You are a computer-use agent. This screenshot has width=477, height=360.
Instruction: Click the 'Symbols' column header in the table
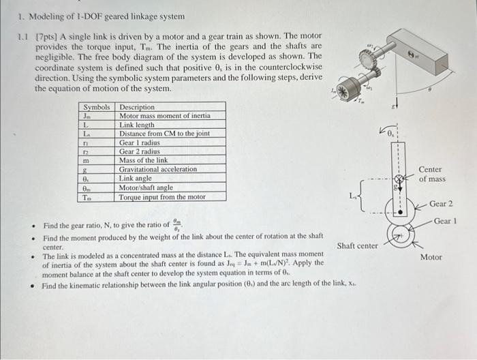click(96, 107)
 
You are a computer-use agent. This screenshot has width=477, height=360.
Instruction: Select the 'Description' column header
click(137, 107)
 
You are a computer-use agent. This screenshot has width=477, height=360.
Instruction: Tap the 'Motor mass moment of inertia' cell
click(164, 116)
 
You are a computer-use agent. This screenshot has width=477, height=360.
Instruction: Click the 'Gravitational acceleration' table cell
click(157, 169)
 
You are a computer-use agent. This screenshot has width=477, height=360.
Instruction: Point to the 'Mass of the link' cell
click(143, 160)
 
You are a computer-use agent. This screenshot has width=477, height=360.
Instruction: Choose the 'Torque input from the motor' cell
click(161, 197)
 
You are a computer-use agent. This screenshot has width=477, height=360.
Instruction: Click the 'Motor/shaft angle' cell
click(146, 187)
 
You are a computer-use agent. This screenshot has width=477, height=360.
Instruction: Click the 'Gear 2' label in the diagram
click(441, 204)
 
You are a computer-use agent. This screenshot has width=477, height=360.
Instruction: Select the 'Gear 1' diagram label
click(446, 221)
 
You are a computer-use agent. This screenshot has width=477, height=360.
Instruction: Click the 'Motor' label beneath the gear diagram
click(431, 257)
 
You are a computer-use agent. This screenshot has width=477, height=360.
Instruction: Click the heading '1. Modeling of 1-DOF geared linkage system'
click(92, 16)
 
